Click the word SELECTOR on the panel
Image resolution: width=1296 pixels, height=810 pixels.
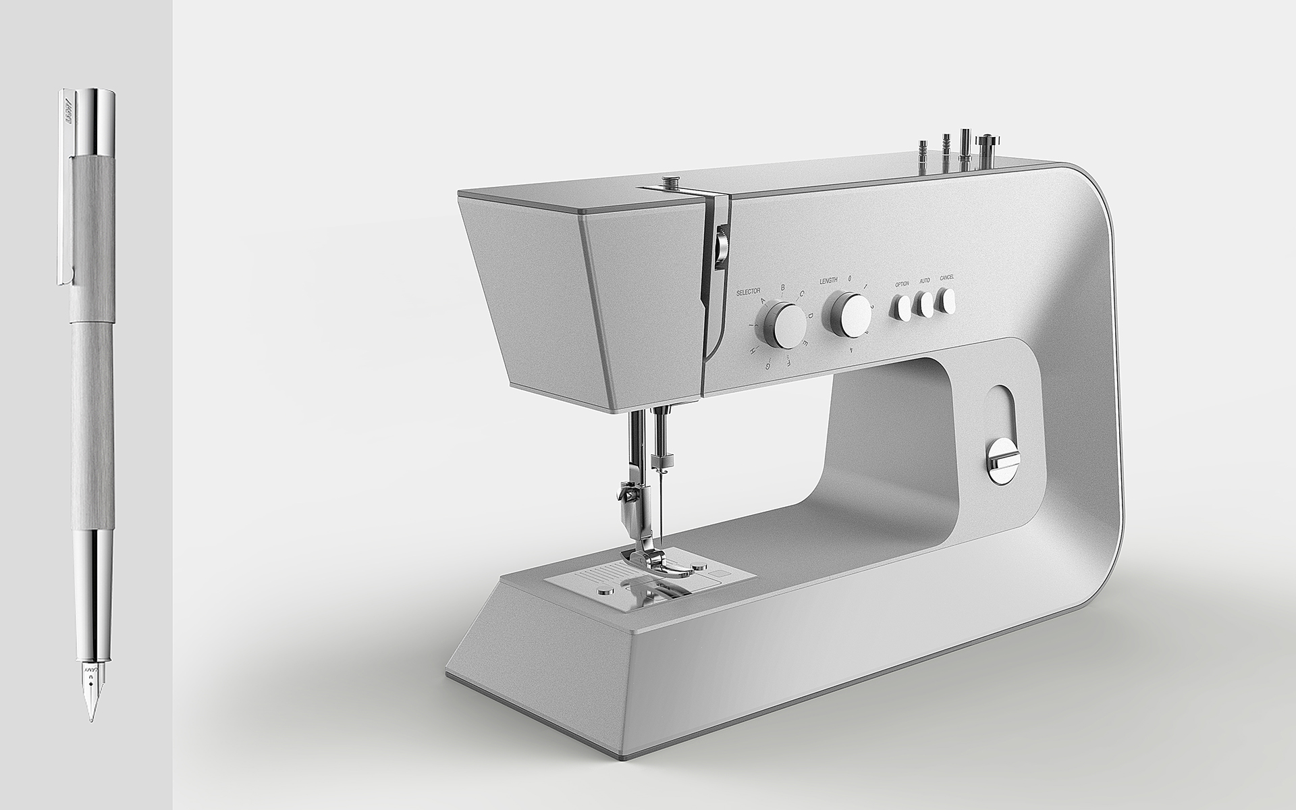(748, 290)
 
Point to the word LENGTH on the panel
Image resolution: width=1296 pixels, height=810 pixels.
(828, 280)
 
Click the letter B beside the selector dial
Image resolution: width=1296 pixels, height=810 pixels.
(782, 288)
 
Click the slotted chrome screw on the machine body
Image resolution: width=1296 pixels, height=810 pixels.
(1003, 460)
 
